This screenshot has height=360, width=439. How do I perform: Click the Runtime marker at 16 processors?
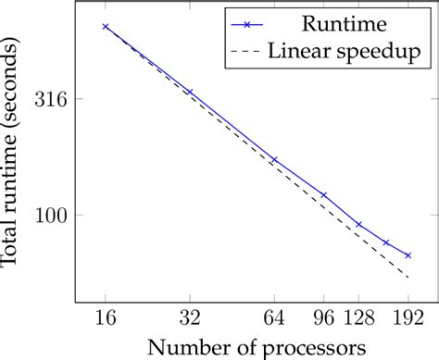tap(105, 27)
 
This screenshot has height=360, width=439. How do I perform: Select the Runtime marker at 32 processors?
tap(189, 92)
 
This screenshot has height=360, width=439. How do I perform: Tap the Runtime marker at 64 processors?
tap(273, 159)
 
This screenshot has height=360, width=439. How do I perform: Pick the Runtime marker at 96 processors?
tap(323, 194)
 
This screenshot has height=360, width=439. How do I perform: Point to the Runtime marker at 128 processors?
tap(358, 224)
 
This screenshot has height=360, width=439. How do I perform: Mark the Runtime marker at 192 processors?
tap(408, 254)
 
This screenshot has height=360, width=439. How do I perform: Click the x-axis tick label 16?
tap(105, 317)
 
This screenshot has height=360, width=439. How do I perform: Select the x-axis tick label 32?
tap(189, 317)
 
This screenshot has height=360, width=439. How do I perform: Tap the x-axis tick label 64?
tap(273, 317)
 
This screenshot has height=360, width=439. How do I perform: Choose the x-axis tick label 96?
tap(323, 317)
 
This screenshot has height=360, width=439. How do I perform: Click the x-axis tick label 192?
tap(408, 317)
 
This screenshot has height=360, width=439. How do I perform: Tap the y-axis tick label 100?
tap(54, 215)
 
